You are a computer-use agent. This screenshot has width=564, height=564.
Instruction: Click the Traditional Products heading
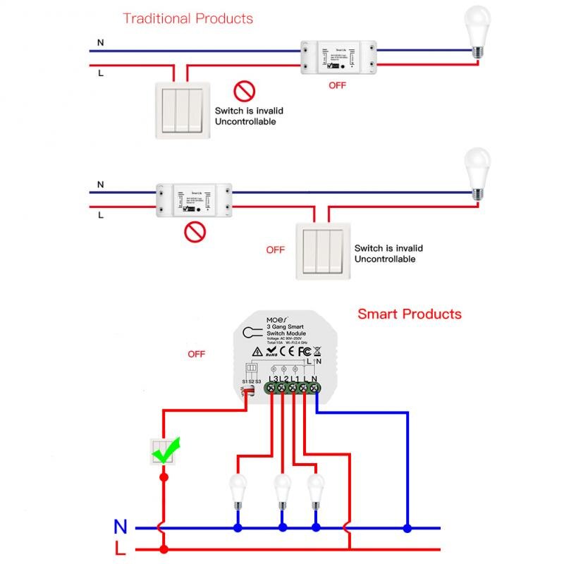pyautogui.click(x=188, y=18)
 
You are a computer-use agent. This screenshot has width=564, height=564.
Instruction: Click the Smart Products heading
pyautogui.click(x=409, y=314)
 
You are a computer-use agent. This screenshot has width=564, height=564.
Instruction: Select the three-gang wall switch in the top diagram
pyautogui.click(x=182, y=108)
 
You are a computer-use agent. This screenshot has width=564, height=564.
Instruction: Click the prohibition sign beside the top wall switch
pyautogui.click(x=244, y=91)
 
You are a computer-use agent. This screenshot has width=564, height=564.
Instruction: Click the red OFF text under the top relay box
pyautogui.click(x=338, y=85)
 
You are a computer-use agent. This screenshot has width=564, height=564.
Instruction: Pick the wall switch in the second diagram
pyautogui.click(x=322, y=250)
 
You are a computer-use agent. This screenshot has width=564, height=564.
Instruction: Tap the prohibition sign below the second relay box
pyautogui.click(x=195, y=231)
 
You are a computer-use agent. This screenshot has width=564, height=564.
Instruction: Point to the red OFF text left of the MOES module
pyautogui.click(x=196, y=354)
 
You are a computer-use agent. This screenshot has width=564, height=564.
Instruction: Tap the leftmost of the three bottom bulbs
pyautogui.click(x=238, y=490)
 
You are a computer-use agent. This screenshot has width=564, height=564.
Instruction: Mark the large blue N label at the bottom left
pyautogui.click(x=121, y=526)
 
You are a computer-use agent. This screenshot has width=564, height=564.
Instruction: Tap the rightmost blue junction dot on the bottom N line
pyautogui.click(x=407, y=527)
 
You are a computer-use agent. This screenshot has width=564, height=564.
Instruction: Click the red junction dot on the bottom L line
pyautogui.click(x=164, y=549)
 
